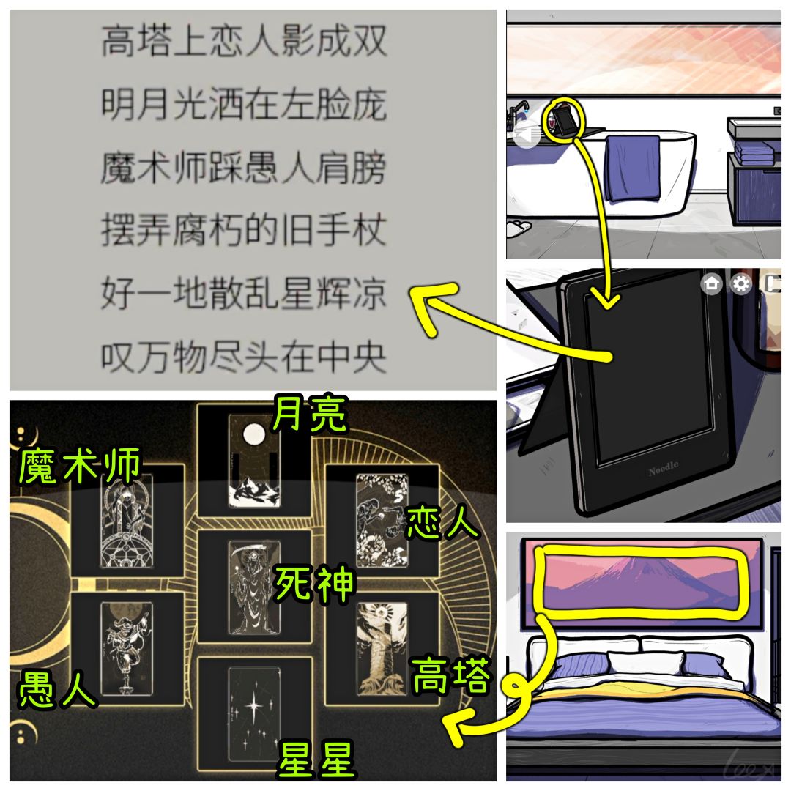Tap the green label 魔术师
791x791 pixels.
tap(80, 466)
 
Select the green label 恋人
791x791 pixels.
tap(442, 522)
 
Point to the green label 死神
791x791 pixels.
tap(313, 583)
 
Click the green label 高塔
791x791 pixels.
tap(450, 675)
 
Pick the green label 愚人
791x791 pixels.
tap(56, 689)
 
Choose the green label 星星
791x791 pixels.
tap(317, 760)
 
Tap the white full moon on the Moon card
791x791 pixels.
tap(253, 434)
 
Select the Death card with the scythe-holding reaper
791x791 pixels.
tap(253, 587)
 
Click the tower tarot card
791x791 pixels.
tap(382, 649)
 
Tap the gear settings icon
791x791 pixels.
tap(740, 283)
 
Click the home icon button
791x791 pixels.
tap(712, 283)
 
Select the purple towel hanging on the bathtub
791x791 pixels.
tap(633, 168)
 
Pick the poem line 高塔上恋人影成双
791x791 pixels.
tap(244, 41)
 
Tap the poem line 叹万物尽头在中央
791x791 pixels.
tap(244, 357)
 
